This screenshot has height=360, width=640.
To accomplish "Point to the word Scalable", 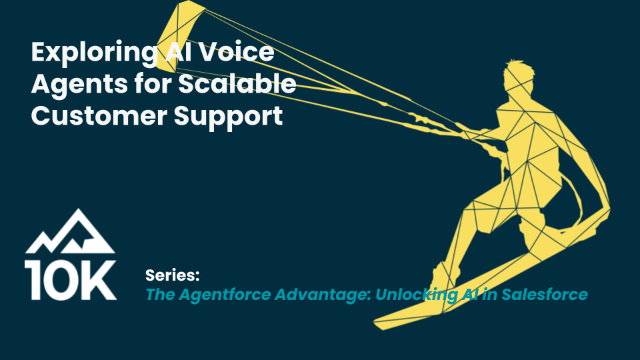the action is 237,83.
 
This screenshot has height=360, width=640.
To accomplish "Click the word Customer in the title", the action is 99,115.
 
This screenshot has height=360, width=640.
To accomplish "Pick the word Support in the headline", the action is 229,117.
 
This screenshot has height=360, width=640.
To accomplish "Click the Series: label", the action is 172,275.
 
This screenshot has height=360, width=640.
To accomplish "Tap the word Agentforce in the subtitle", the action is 225,295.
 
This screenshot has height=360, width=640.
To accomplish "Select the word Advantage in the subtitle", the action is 323,295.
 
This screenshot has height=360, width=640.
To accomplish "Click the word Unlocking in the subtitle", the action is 416,295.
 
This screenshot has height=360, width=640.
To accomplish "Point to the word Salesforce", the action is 545,294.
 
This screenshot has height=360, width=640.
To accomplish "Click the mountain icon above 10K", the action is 70,232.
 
